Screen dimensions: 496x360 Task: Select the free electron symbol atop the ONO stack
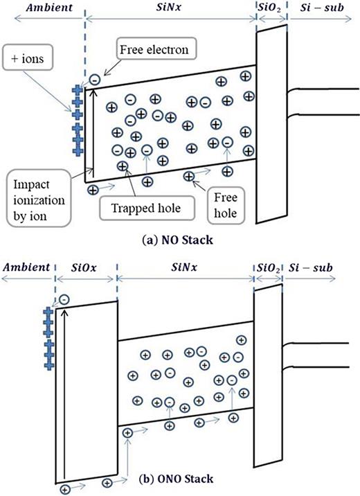(x=64, y=299)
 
